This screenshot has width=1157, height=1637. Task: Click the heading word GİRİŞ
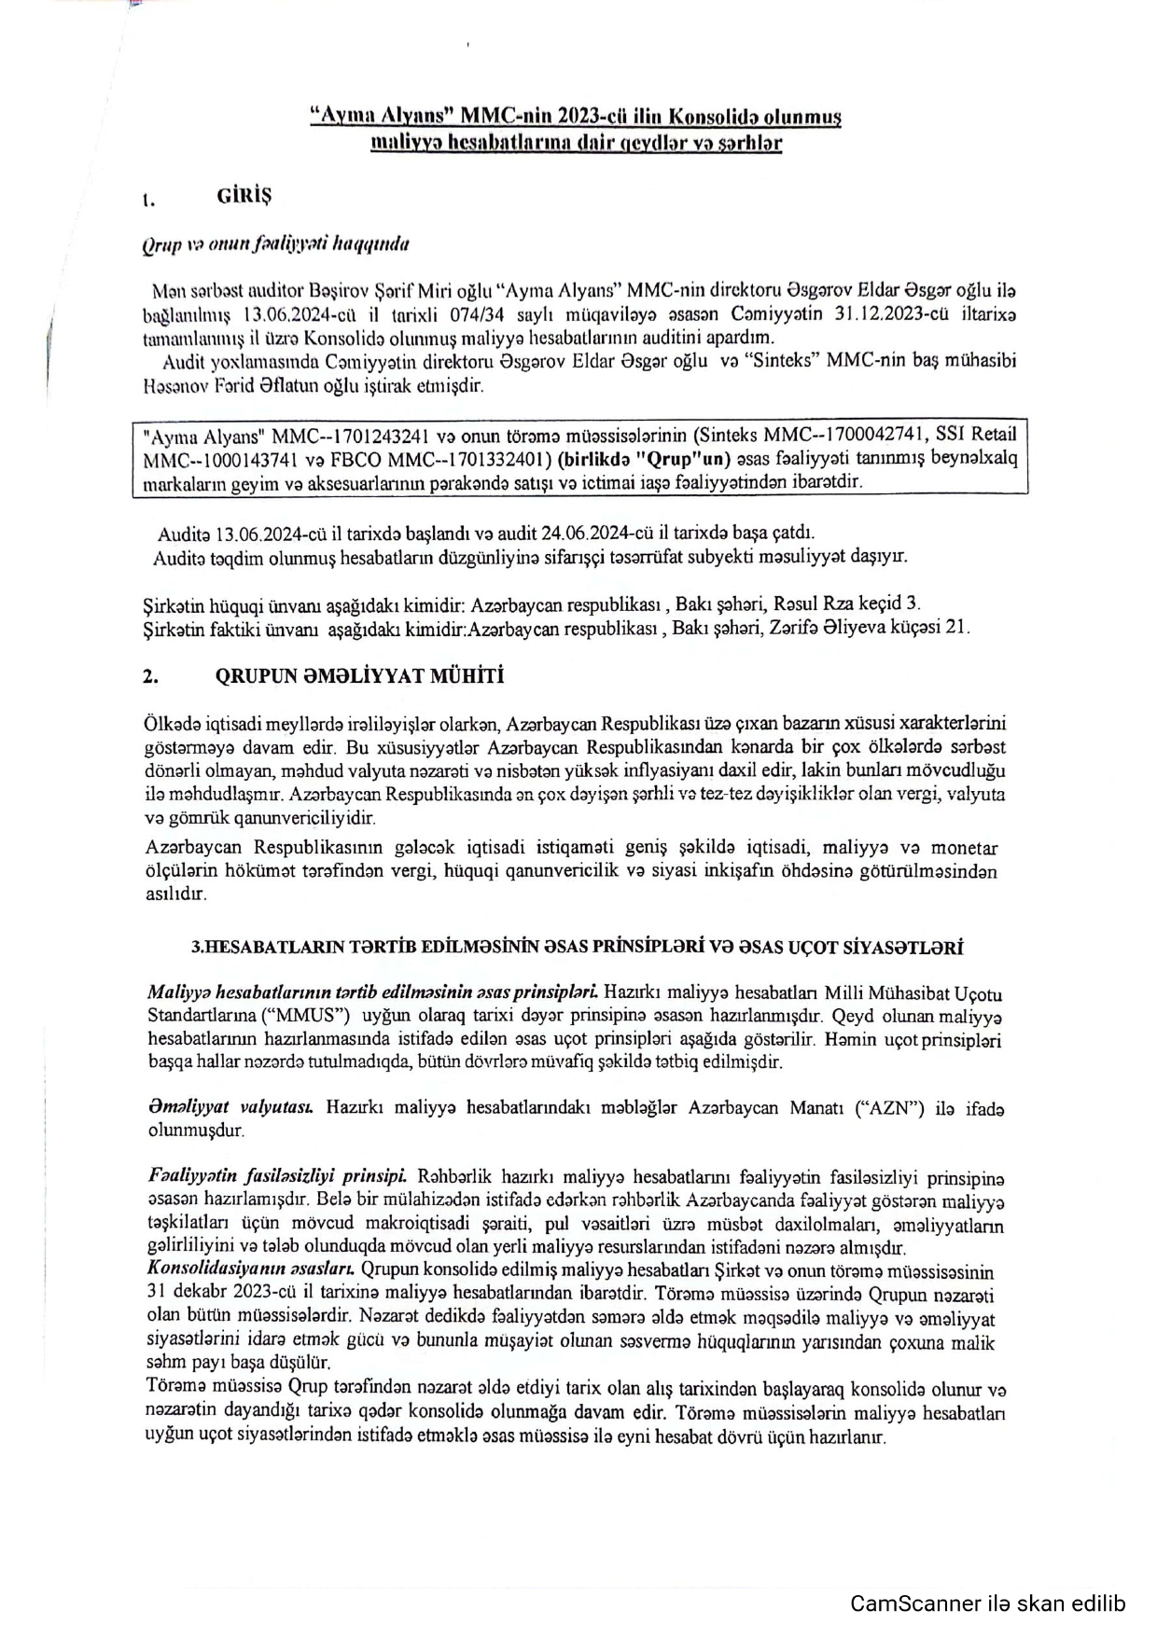coord(244,196)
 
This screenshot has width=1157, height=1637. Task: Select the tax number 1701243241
coord(381,436)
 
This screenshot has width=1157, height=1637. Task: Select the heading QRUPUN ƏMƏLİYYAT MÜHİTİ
coord(359,676)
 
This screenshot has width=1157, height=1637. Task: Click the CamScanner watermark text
coord(987,1604)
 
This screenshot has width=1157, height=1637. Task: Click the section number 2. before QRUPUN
coord(150,678)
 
